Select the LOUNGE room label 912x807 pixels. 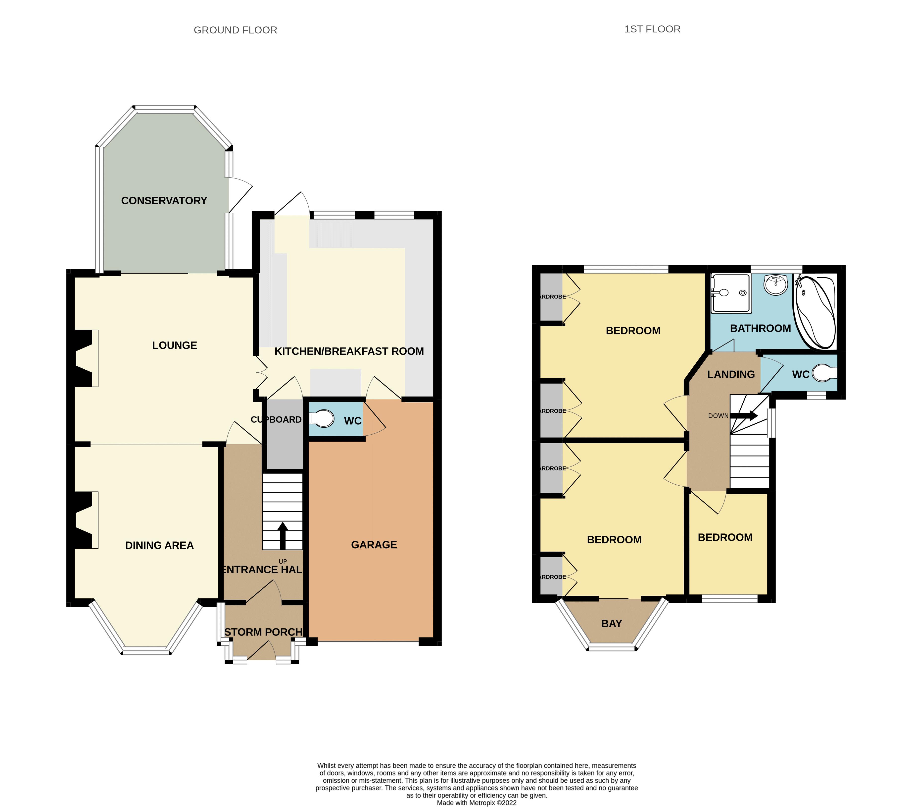click(174, 345)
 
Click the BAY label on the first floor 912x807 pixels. click(611, 624)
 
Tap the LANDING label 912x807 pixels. click(731, 374)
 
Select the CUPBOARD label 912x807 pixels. click(276, 419)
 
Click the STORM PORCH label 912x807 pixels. click(263, 632)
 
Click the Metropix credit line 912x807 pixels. click(477, 803)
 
